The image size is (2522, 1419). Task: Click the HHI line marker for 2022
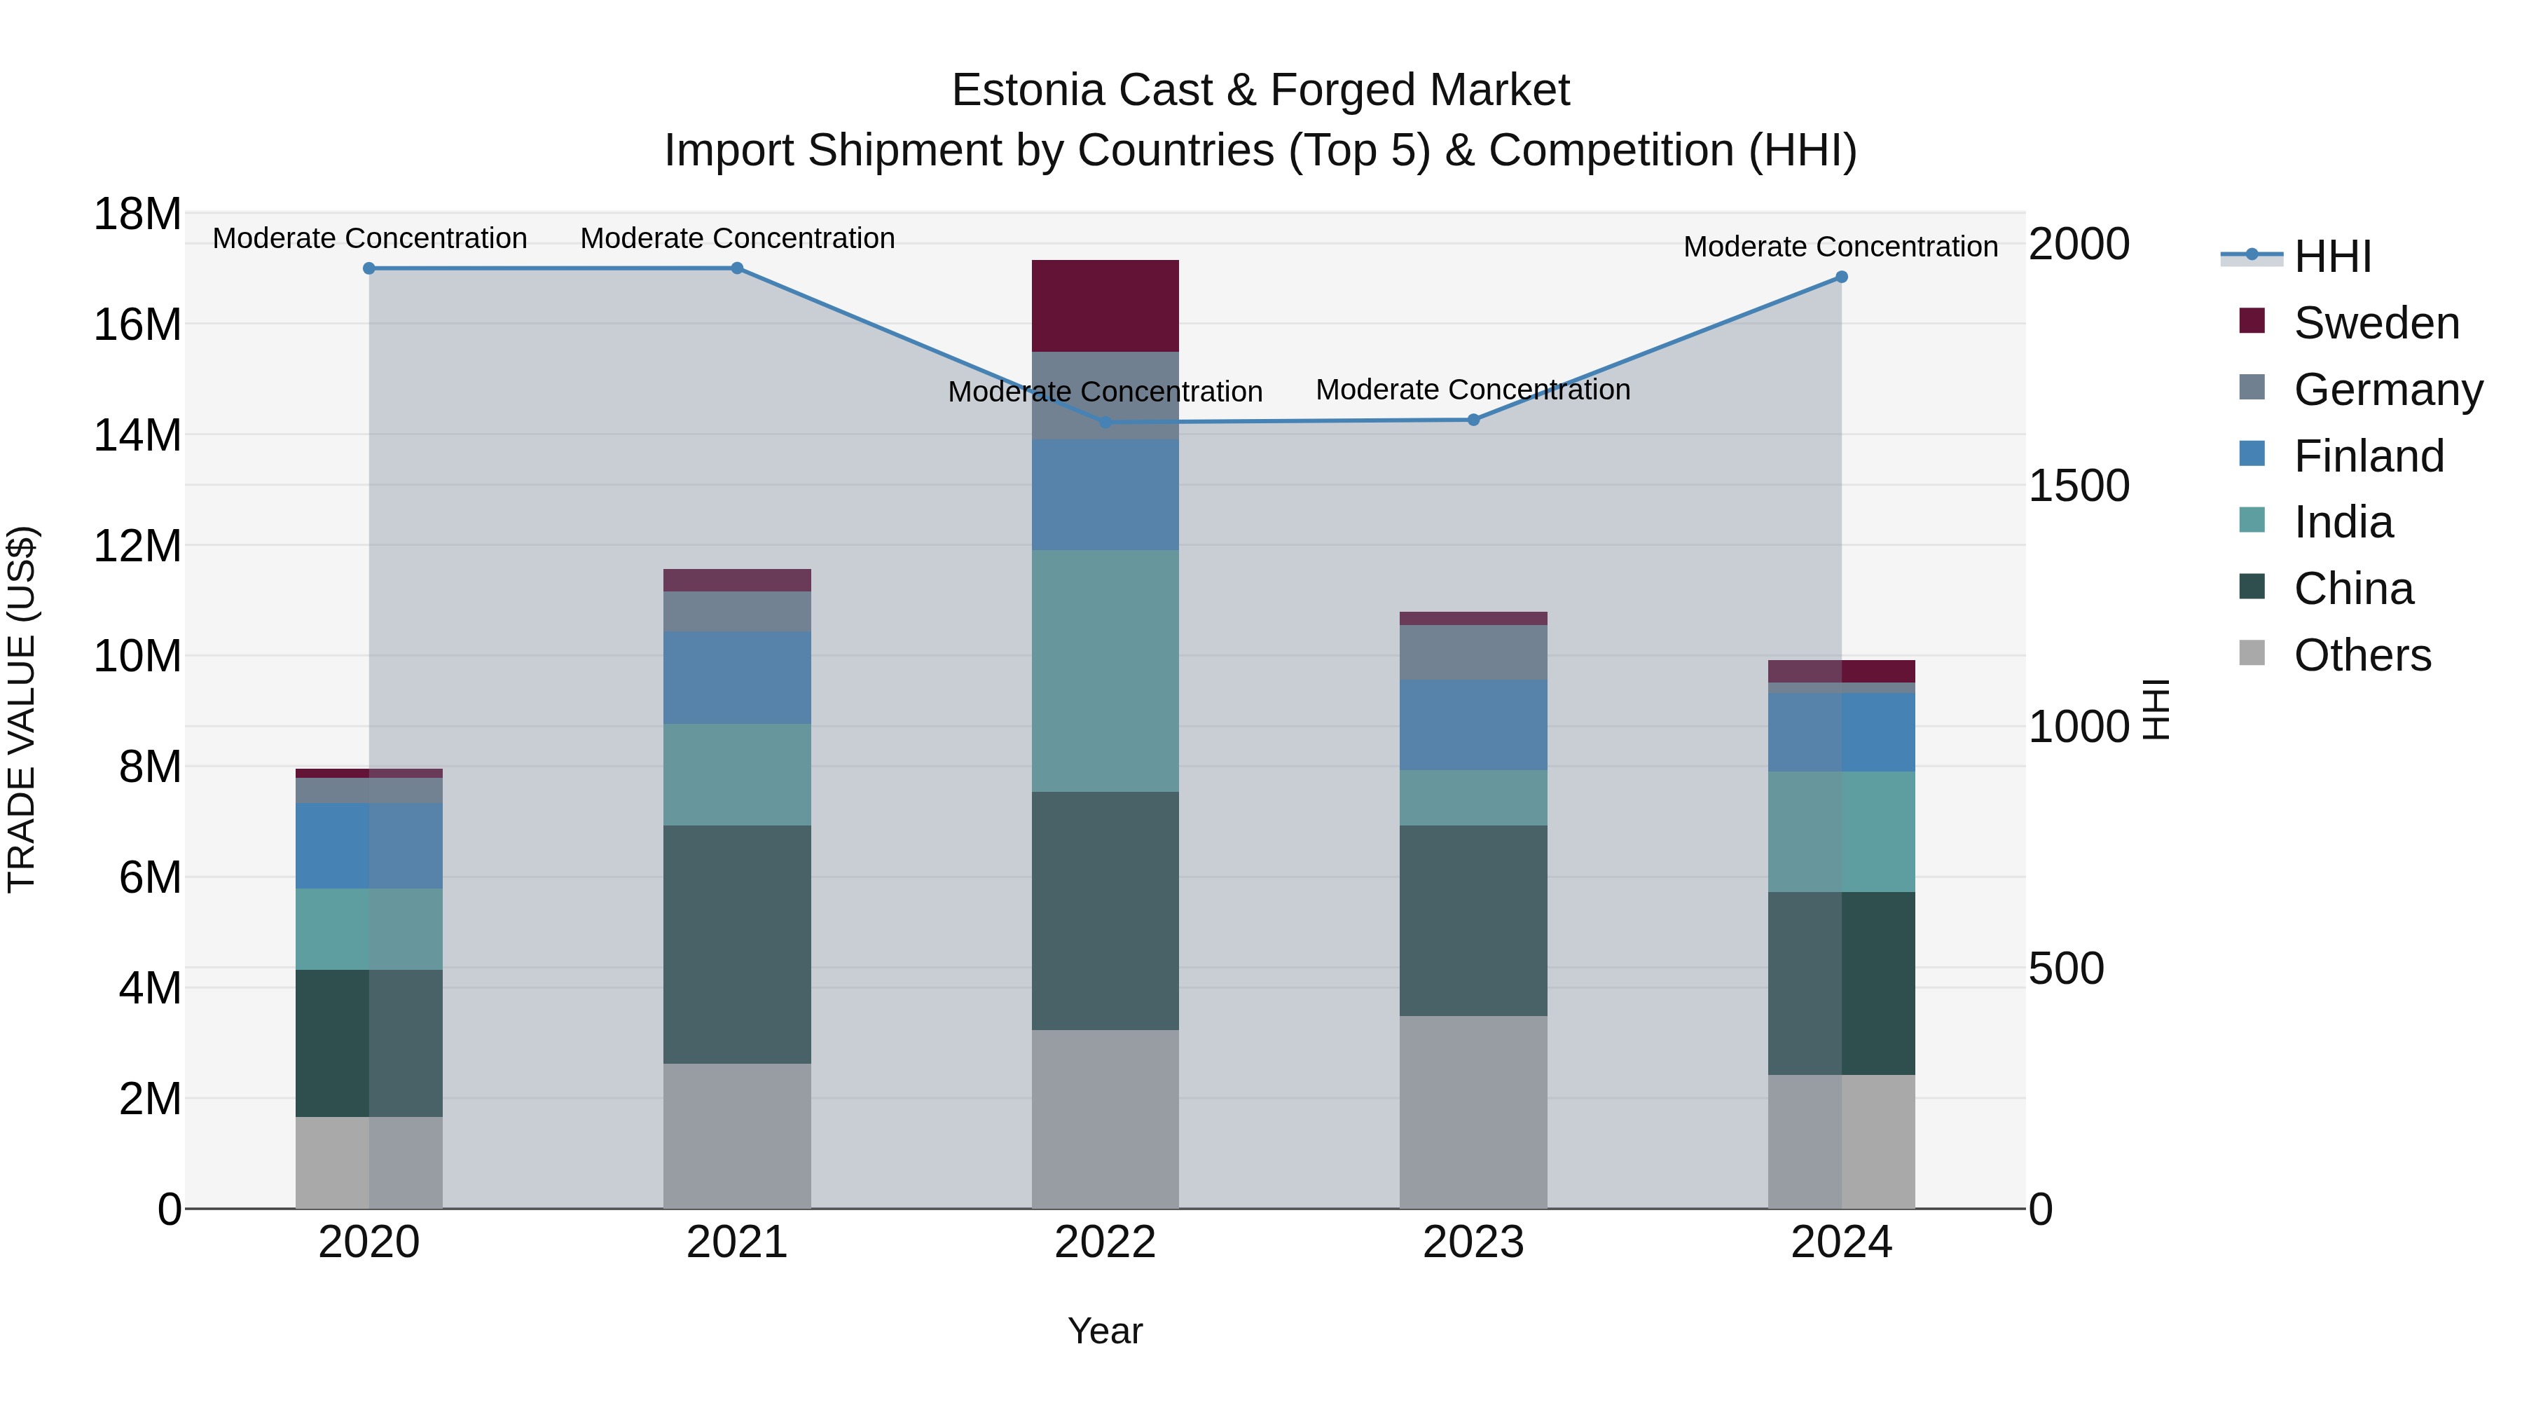click(1105, 422)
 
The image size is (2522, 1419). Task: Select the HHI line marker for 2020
click(369, 268)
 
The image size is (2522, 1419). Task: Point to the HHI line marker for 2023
click(1473, 420)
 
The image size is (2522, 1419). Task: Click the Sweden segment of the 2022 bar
click(1105, 306)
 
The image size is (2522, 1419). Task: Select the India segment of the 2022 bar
click(1105, 671)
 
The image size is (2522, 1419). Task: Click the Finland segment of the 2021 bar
click(737, 678)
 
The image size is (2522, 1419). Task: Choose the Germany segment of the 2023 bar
click(1473, 652)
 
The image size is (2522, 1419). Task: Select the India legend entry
click(2343, 522)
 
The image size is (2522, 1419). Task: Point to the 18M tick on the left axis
click(137, 214)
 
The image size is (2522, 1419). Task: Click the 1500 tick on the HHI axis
click(2079, 486)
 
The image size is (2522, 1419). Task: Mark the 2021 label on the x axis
click(737, 1242)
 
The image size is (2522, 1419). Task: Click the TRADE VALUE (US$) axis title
click(22, 709)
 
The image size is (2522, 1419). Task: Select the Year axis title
click(1105, 1331)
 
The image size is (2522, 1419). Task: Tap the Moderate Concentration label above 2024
click(1840, 247)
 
